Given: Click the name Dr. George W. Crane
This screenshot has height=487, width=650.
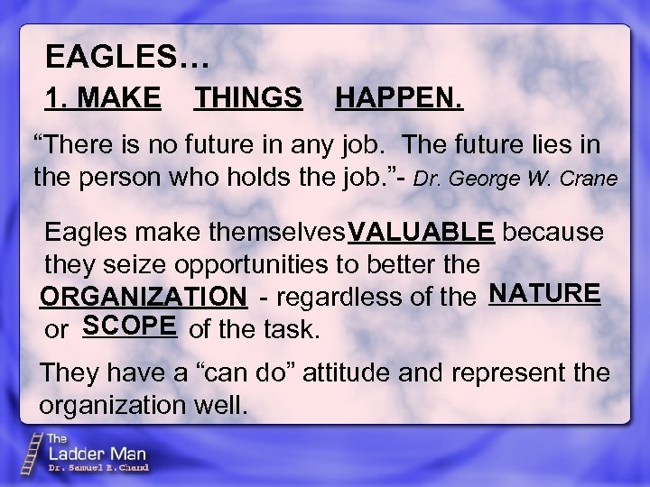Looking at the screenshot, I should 515,179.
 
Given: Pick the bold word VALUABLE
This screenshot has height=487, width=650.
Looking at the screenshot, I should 422,232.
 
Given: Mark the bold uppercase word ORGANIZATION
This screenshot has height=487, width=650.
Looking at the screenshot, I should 144,297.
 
